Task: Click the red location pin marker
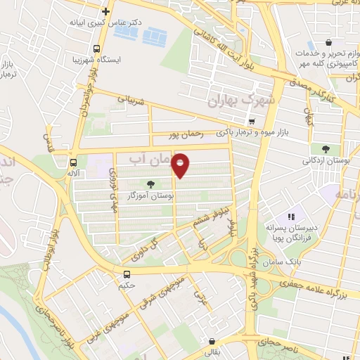(181, 167)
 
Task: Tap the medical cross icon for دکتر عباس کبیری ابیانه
(105, 11)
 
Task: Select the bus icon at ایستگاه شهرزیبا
(96, 48)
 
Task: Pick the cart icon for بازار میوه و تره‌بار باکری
(252, 121)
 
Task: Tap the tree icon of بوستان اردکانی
(326, 148)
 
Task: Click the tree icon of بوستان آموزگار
(152, 184)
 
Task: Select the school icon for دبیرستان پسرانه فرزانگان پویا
(288, 217)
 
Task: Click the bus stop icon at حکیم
(127, 274)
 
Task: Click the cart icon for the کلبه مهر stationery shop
(328, 42)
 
